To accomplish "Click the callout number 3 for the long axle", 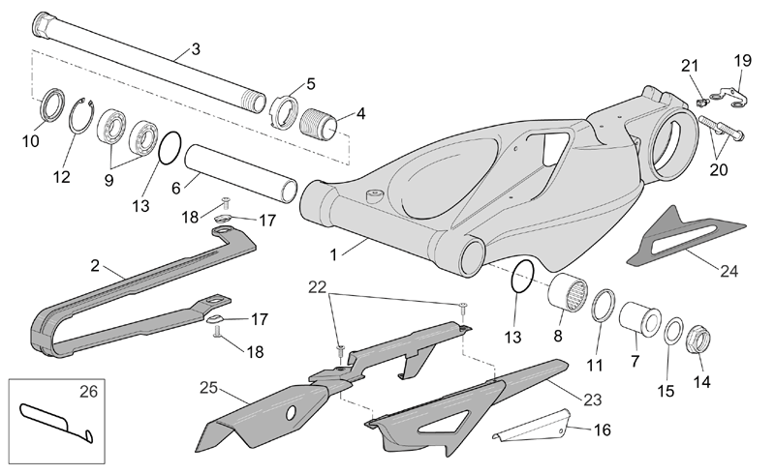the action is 196,49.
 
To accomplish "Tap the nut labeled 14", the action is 698,341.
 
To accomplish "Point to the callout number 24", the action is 729,271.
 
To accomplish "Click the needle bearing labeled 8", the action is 568,292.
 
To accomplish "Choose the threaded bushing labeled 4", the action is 319,124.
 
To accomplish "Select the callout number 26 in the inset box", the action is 89,392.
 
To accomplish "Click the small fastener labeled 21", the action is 700,103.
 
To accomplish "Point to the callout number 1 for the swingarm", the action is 333,254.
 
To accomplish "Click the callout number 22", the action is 318,287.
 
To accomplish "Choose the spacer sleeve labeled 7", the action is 640,318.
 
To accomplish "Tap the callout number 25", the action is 208,388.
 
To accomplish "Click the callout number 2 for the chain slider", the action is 95,266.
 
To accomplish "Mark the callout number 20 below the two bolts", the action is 719,170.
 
